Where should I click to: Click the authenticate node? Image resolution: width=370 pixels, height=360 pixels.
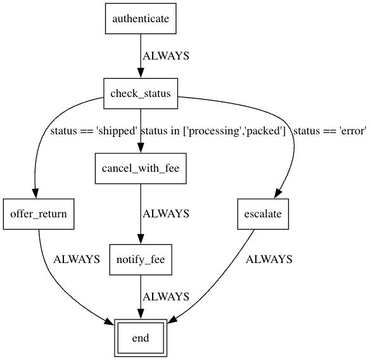[x=141, y=18]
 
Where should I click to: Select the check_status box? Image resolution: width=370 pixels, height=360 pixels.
[x=141, y=94]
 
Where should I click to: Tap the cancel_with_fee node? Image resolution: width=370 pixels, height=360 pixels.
[x=141, y=169]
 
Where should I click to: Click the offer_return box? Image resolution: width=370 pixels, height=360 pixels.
[x=38, y=214]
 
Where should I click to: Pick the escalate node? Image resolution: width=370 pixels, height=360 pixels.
[x=263, y=214]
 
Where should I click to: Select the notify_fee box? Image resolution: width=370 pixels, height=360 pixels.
[x=141, y=259]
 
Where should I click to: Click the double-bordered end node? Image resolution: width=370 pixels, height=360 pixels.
[x=141, y=338]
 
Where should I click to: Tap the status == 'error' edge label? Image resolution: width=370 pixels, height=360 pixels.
[x=330, y=132]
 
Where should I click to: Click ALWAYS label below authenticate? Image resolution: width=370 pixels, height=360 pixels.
[x=166, y=56]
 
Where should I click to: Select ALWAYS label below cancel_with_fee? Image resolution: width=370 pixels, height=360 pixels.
[x=166, y=214]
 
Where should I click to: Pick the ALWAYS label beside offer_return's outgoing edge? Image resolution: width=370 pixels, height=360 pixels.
[x=77, y=259]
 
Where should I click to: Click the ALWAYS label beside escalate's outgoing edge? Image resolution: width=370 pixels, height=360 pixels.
[x=269, y=259]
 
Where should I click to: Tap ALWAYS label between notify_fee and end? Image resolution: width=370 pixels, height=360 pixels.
[x=166, y=297]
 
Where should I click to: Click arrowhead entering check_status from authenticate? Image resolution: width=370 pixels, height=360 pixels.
[x=141, y=73]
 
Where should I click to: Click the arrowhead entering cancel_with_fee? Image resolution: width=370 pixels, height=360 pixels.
[x=141, y=148]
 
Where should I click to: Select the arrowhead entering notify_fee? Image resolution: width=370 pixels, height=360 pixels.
[x=141, y=238]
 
